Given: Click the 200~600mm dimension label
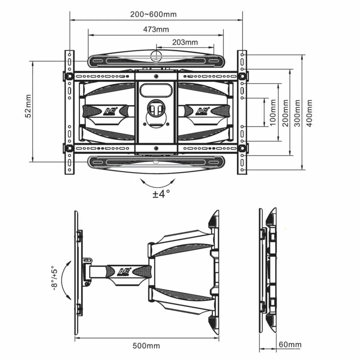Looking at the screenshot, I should click(153, 14).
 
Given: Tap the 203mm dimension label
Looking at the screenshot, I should click(185, 42).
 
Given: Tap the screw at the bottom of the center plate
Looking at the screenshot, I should click(156, 148).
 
